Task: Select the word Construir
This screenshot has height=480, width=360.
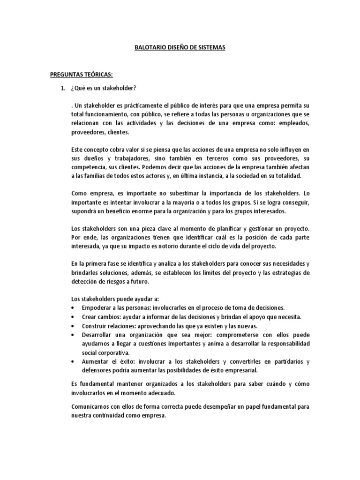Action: tap(95, 326)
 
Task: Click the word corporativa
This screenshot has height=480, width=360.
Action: tap(113, 352)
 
